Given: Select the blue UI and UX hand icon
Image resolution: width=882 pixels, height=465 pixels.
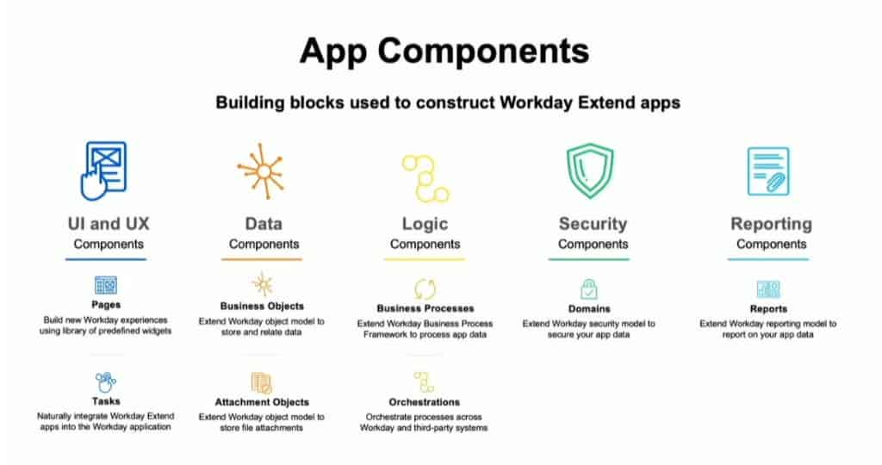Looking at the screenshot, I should (102, 170).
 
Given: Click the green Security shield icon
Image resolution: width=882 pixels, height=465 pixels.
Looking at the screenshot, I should (591, 170).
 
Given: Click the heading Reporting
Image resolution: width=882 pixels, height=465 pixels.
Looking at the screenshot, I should (771, 224).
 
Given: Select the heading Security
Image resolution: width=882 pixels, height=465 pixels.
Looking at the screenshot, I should (593, 224).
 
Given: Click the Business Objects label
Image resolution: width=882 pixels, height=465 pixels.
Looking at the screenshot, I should (262, 306).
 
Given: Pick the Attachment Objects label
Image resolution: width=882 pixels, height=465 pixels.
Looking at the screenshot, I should (262, 402).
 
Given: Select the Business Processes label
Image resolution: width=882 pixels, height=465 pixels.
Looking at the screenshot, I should (425, 307).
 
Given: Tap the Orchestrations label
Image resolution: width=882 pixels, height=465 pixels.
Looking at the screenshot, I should (425, 402).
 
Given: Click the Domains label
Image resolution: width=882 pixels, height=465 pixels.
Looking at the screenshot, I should (589, 308).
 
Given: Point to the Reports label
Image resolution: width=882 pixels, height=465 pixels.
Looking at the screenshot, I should (767, 308).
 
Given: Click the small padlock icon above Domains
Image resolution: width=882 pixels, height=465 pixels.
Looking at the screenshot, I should (589, 288).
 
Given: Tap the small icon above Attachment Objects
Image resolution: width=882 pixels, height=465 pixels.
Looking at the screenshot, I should (261, 382).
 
